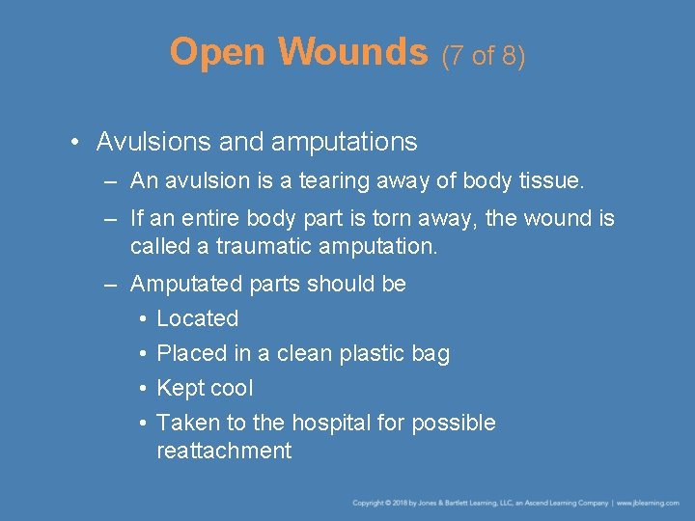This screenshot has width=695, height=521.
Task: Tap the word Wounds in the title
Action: click(x=353, y=53)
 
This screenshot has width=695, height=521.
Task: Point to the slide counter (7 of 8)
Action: click(x=484, y=56)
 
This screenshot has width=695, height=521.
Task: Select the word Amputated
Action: click(x=185, y=284)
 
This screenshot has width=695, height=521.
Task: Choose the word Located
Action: click(x=197, y=318)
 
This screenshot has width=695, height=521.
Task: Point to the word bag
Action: click(x=431, y=354)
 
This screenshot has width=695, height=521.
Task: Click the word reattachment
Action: click(x=224, y=451)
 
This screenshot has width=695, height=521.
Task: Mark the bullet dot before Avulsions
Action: click(x=75, y=143)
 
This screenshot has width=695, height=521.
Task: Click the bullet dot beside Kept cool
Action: click(x=141, y=389)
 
